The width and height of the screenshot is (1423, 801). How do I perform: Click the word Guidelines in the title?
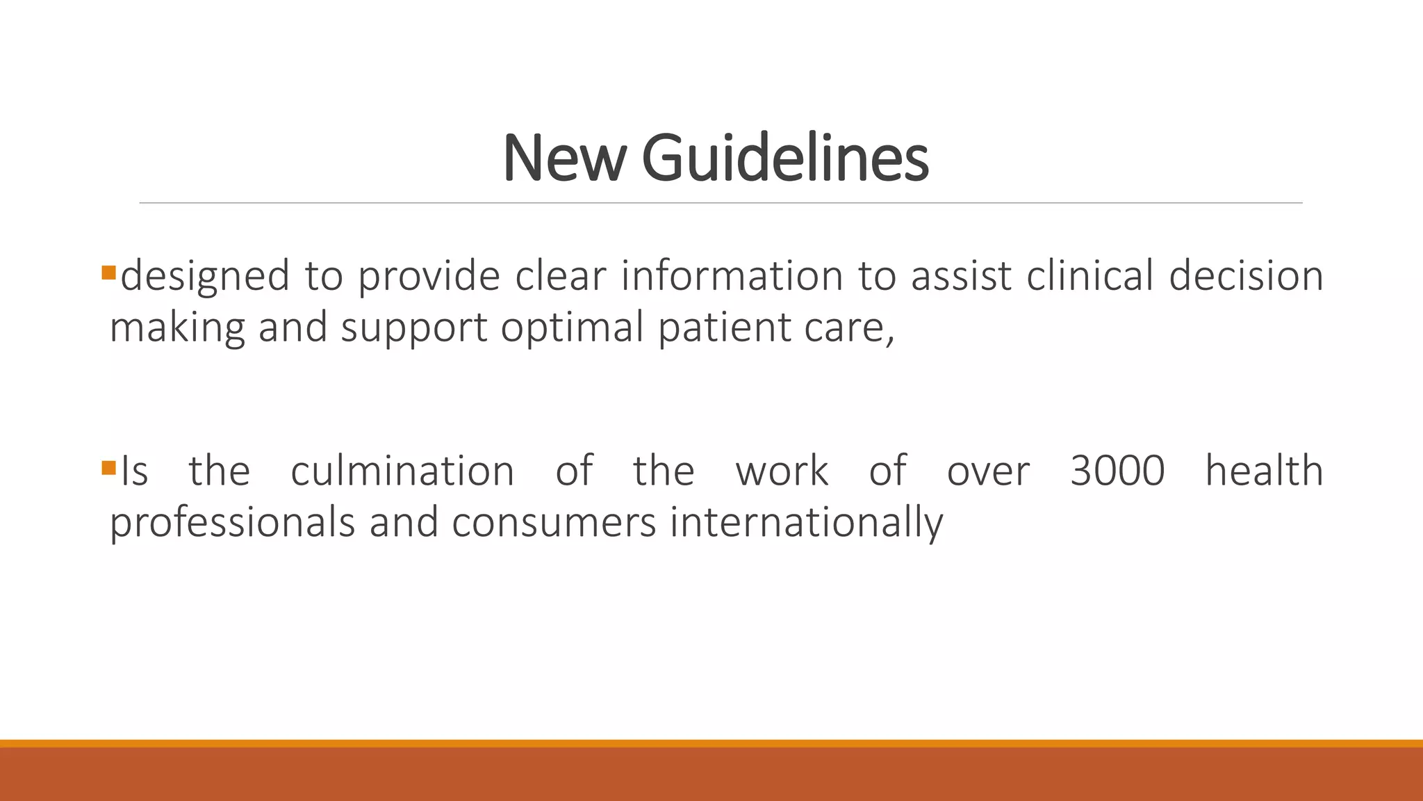click(x=785, y=158)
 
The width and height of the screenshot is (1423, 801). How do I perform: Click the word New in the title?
click(x=564, y=159)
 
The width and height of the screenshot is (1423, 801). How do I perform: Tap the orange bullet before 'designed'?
click(x=108, y=272)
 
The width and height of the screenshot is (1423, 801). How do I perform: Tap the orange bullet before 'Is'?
click(x=108, y=467)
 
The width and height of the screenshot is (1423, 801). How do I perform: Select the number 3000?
click(x=1117, y=471)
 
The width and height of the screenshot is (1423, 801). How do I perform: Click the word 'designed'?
click(x=205, y=275)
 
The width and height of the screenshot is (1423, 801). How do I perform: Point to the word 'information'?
click(x=732, y=275)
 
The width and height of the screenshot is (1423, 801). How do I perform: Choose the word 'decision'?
click(x=1246, y=275)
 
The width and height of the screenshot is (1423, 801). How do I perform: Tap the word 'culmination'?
click(x=402, y=471)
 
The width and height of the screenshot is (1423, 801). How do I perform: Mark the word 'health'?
click(x=1264, y=471)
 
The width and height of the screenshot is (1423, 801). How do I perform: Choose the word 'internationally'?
click(x=806, y=523)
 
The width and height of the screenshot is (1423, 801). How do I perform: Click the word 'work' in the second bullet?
click(x=782, y=471)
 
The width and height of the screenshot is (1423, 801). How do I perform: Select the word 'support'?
click(x=414, y=327)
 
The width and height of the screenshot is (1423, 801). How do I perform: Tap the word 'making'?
click(x=177, y=327)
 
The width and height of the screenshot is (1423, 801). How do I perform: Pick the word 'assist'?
click(x=961, y=275)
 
